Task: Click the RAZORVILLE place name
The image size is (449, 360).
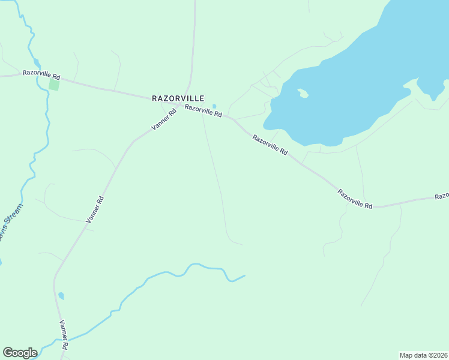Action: tap(178, 98)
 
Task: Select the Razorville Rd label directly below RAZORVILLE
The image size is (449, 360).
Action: tap(203, 111)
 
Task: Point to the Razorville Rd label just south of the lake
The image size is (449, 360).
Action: tap(270, 145)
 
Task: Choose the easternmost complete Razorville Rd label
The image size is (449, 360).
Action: tap(355, 199)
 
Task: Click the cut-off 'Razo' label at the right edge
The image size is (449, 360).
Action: tap(442, 196)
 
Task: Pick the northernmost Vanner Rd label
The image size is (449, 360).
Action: tap(163, 121)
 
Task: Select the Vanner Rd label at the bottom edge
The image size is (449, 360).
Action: tap(64, 334)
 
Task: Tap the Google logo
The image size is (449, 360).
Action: tap(20, 353)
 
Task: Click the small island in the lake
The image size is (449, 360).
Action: tap(303, 93)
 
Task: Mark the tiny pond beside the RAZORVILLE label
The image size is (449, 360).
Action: tap(214, 107)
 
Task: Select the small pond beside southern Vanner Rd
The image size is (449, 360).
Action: tap(61, 296)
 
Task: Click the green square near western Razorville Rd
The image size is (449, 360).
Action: tap(54, 85)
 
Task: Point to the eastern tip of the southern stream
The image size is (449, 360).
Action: tap(244, 276)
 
